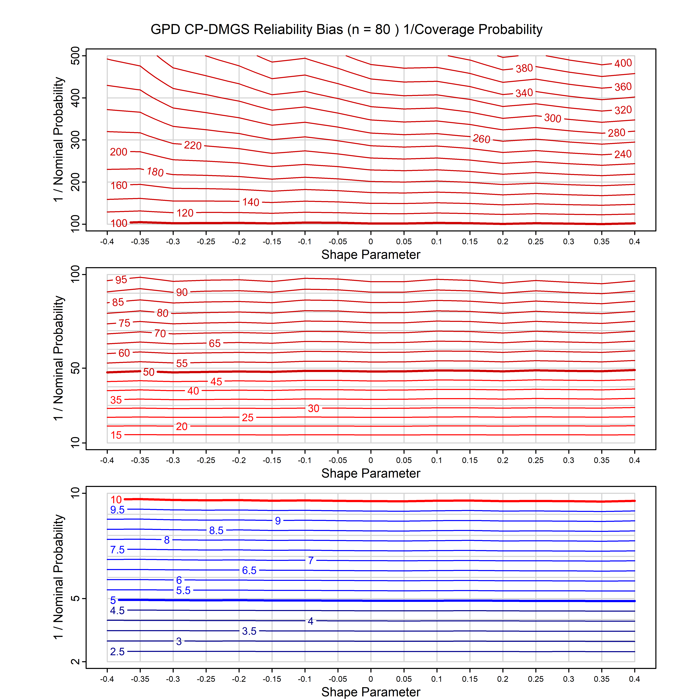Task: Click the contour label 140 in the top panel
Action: pyautogui.click(x=251, y=202)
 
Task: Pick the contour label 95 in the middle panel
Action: pyautogui.click(x=121, y=280)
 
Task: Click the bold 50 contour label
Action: pyautogui.click(x=149, y=372)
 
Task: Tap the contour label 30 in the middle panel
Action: pyautogui.click(x=313, y=408)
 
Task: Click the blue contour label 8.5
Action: pyautogui.click(x=216, y=530)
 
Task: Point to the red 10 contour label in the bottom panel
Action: pyautogui.click(x=116, y=500)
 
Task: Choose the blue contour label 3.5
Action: pyautogui.click(x=249, y=631)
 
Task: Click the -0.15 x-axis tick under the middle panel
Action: pyautogui.click(x=272, y=460)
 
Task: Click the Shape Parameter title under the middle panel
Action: pyautogui.click(x=371, y=473)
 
